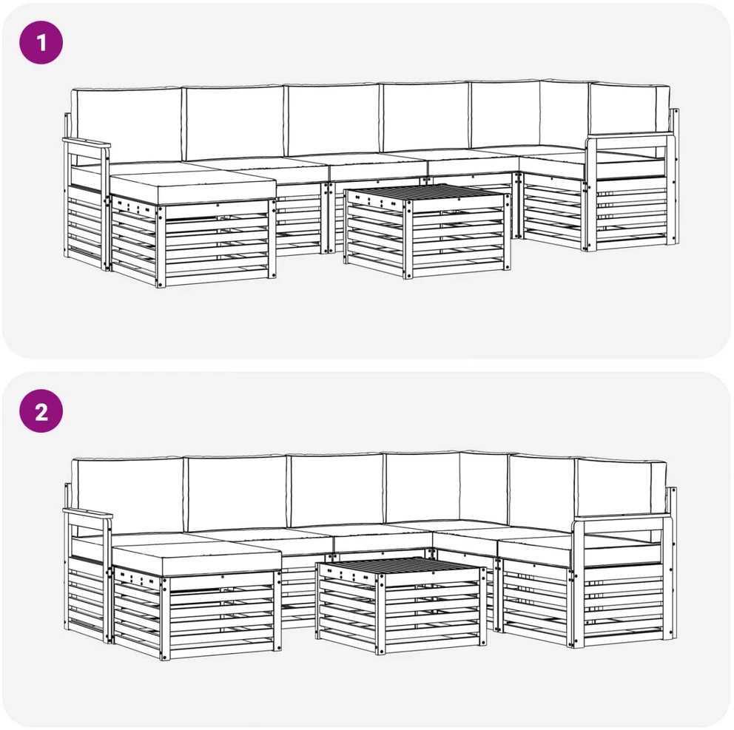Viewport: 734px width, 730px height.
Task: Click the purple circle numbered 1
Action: pos(41,43)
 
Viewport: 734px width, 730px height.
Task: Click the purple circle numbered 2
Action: pos(41,411)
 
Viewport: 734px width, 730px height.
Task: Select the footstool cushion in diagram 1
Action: pos(192,189)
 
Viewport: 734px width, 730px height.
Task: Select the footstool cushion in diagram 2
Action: pos(197,558)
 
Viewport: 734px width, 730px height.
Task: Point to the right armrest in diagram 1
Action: pos(630,138)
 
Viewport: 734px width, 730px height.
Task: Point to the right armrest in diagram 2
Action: pos(622,518)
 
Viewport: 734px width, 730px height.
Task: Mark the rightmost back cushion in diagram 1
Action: pos(628,109)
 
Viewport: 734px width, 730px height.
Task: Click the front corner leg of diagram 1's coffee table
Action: pos(408,238)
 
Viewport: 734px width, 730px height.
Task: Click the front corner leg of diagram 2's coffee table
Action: pos(380,612)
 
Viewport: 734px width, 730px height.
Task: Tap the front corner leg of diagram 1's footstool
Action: pos(161,246)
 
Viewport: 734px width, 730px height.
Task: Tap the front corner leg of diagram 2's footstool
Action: pos(165,618)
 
